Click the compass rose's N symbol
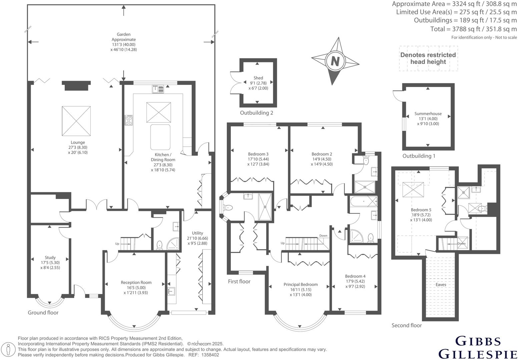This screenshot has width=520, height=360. (335, 61)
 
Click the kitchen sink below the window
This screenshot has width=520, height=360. (158, 89)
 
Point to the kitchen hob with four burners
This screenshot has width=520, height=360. (129, 120)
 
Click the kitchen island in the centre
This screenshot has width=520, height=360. (160, 137)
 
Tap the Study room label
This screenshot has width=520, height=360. (50, 257)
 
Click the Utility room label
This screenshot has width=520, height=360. (197, 233)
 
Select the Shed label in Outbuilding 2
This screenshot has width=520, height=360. (258, 78)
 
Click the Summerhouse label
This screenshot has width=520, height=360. (428, 114)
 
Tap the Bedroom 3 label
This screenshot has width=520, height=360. (258, 154)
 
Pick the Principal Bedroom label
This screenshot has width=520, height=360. (301, 284)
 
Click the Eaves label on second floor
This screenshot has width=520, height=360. (441, 285)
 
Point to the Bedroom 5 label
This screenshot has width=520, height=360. (421, 210)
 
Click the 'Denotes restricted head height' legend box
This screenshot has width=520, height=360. (428, 58)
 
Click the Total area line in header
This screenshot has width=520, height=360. (473, 29)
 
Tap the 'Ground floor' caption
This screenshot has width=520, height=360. (43, 312)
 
